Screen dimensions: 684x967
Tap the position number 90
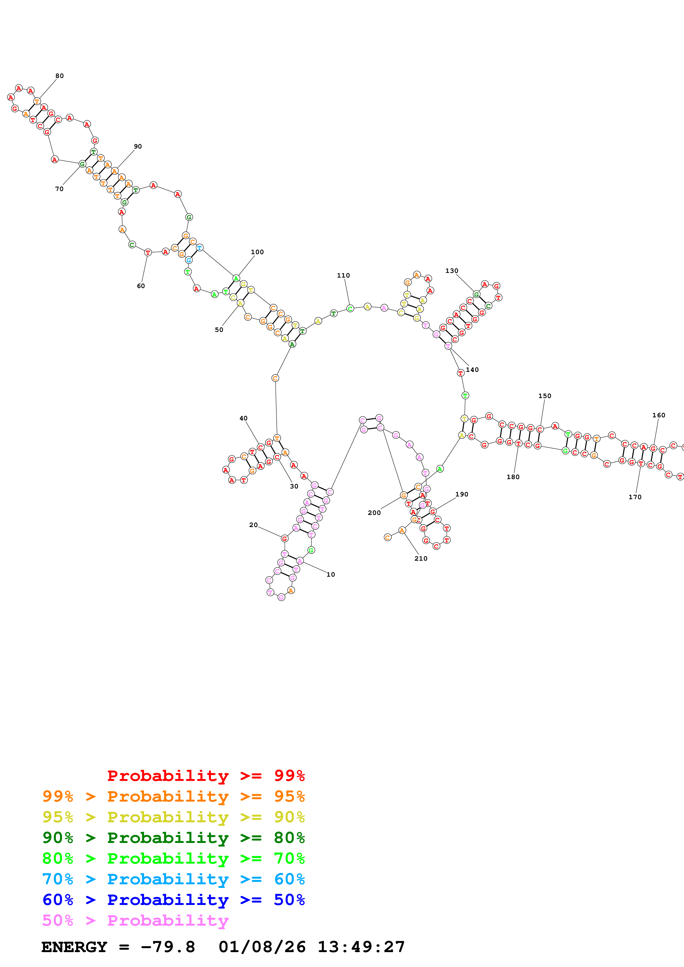[x=138, y=147]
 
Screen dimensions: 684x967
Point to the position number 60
[x=141, y=286]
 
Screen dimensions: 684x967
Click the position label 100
[x=257, y=252]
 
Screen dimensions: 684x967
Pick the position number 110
[x=343, y=275]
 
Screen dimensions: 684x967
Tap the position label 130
[x=451, y=271]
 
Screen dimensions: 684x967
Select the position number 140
[x=472, y=370]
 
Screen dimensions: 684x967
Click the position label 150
[x=544, y=396]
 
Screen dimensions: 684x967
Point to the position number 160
[x=658, y=415]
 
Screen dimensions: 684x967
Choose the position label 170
[x=635, y=497]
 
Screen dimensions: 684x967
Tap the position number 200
[x=374, y=512]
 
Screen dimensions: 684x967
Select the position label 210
[x=420, y=558]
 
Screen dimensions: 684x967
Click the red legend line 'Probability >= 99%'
[x=206, y=775]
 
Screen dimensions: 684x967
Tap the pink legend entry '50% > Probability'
[x=135, y=920]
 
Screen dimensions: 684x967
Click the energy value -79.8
[x=168, y=947]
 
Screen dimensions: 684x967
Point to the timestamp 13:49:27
[x=361, y=947]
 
